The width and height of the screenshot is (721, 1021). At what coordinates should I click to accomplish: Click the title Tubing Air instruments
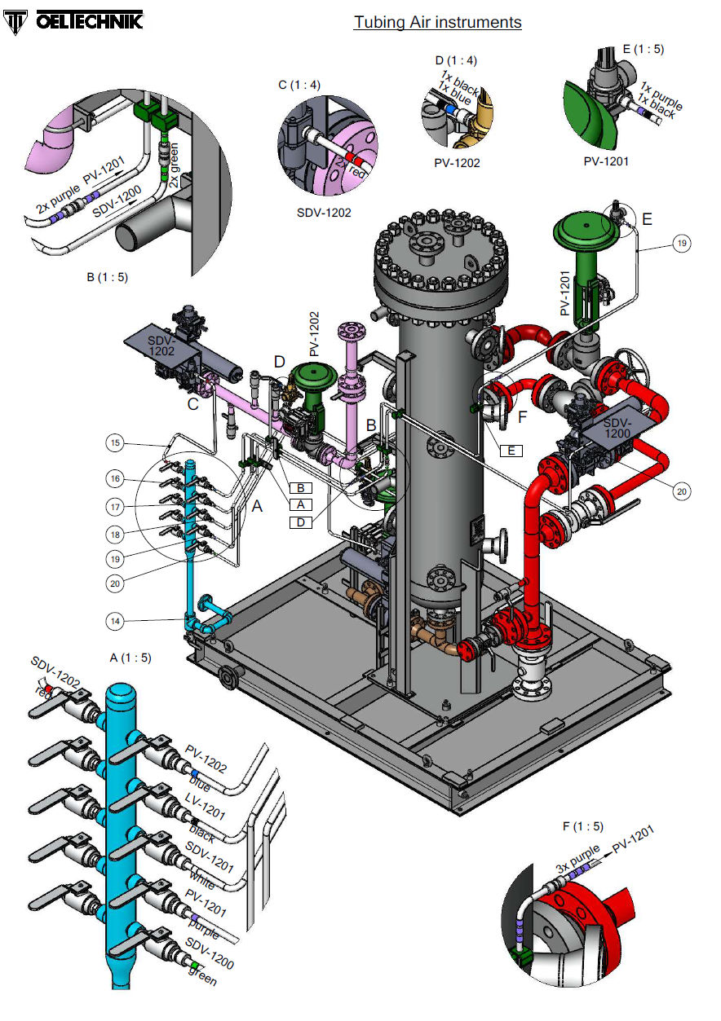click(437, 22)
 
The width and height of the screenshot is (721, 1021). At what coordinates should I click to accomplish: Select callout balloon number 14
click(117, 620)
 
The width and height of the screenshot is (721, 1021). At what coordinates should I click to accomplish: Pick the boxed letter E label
click(511, 450)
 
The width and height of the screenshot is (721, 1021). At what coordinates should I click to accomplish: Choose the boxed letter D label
click(301, 522)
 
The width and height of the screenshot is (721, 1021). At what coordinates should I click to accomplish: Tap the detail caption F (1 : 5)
click(582, 826)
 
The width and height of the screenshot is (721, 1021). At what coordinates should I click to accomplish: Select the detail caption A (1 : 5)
click(130, 657)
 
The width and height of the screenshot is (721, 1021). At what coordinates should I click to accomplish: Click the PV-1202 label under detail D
click(457, 163)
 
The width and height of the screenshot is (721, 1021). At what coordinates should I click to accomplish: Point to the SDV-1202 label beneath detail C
click(325, 213)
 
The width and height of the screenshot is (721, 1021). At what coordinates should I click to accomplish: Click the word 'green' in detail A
click(202, 975)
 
